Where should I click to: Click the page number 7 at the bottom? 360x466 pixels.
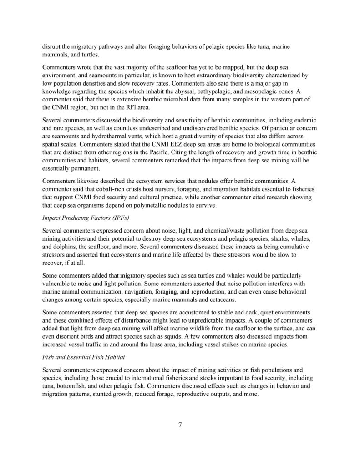(180, 425)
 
